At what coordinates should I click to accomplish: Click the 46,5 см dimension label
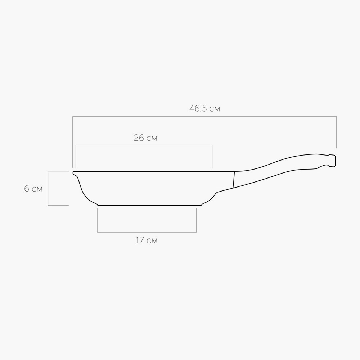click(x=205, y=108)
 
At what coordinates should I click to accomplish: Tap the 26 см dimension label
click(x=145, y=138)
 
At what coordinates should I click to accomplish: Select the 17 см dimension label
click(x=147, y=240)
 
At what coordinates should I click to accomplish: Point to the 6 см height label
click(x=33, y=189)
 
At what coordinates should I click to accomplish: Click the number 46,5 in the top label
click(x=198, y=108)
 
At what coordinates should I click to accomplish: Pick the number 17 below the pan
click(x=140, y=240)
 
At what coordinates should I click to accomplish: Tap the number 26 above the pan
click(x=139, y=138)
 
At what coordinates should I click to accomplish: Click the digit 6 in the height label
click(x=27, y=189)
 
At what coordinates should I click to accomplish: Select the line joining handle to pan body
click(x=234, y=180)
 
